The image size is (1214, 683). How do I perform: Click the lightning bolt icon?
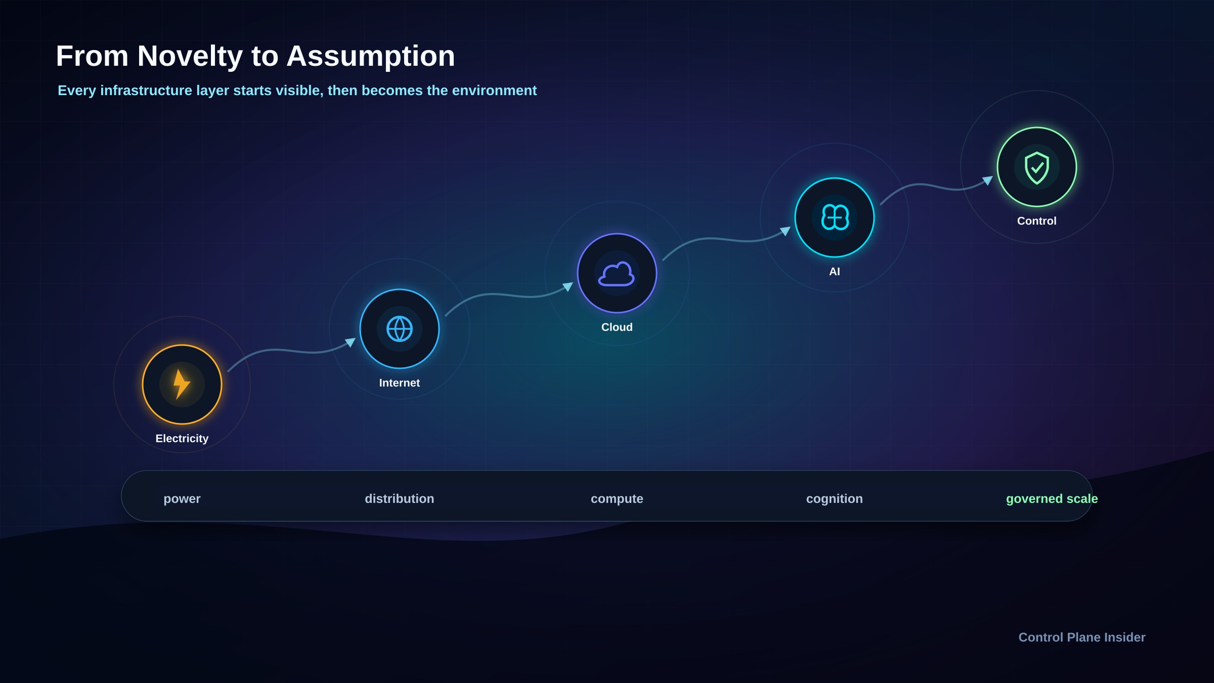point(182,385)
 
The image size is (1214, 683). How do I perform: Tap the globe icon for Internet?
point(400,329)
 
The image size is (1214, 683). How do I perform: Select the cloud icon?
point(617,274)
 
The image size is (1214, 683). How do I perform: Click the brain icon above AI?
point(835,218)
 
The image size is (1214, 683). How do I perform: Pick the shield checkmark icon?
point(1037,167)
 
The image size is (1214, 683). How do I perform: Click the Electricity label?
point(182,439)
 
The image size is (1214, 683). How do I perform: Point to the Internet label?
point(400,383)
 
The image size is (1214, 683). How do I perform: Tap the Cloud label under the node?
point(617,327)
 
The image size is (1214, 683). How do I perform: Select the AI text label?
point(835,272)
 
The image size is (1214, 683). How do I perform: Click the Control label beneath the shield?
point(1037,221)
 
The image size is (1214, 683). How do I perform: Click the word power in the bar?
point(182,499)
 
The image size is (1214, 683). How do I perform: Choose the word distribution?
point(400,499)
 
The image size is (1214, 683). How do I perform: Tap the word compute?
point(617,499)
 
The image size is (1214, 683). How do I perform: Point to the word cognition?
point(835,499)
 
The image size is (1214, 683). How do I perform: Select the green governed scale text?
point(1052,499)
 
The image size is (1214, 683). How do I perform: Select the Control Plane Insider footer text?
point(1082,637)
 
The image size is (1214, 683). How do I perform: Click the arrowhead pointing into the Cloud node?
point(568,287)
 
